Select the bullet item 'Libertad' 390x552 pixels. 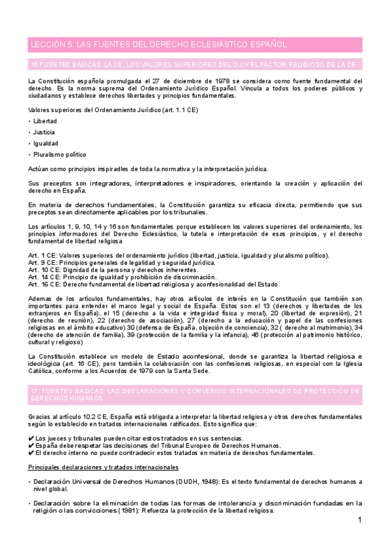(x=45, y=121)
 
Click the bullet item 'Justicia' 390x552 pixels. (x=44, y=132)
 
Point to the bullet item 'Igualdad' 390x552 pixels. (x=46, y=143)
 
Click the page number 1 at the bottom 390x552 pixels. (x=359, y=521)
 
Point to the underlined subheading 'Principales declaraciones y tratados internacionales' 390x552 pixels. (x=104, y=468)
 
